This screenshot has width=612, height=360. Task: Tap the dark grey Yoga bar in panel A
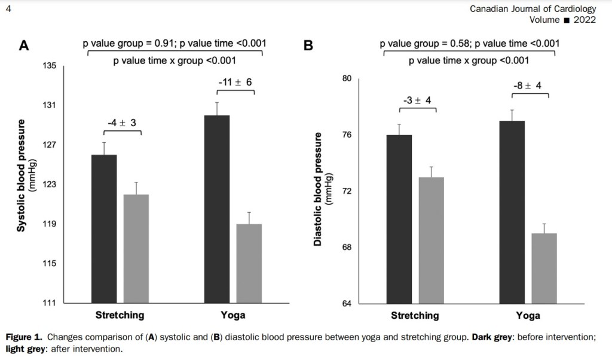[217, 209]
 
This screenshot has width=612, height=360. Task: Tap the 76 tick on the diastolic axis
[346, 135]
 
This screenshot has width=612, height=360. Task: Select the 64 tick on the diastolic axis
[346, 303]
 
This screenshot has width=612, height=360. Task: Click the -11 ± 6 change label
[234, 82]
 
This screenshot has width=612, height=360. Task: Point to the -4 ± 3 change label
[122, 123]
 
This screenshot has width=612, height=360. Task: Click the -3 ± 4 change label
[417, 100]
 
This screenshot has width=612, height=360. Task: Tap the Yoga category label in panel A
[232, 315]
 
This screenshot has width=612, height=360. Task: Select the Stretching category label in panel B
[415, 315]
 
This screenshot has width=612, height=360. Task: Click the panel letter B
[308, 45]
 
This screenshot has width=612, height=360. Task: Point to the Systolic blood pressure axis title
[22, 175]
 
